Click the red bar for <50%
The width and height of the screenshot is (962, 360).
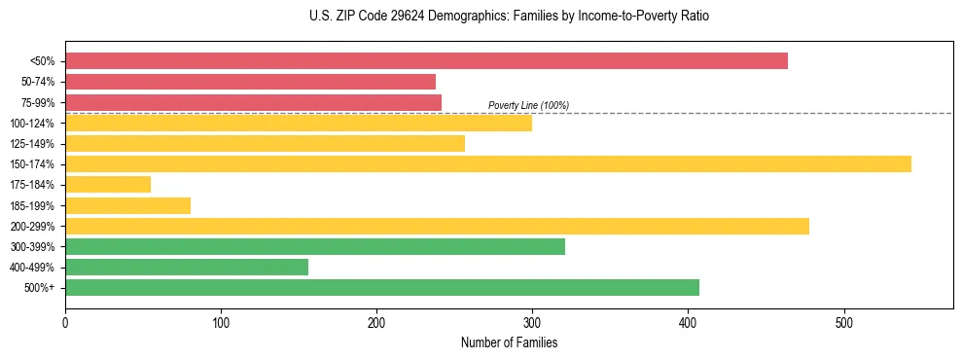click(x=426, y=61)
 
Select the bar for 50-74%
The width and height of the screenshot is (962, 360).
click(x=250, y=82)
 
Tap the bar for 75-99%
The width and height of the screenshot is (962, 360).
click(x=253, y=102)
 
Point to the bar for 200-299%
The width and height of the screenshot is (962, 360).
click(x=437, y=226)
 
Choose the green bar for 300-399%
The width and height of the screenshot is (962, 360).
click(x=315, y=246)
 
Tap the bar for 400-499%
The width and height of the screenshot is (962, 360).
click(x=187, y=267)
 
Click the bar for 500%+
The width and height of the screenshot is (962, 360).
click(x=382, y=287)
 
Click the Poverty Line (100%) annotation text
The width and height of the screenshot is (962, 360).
click(x=528, y=105)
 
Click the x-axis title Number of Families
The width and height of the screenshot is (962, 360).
click(x=509, y=342)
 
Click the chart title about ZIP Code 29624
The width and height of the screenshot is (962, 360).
click(x=509, y=17)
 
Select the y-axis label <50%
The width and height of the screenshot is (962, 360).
click(x=42, y=61)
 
